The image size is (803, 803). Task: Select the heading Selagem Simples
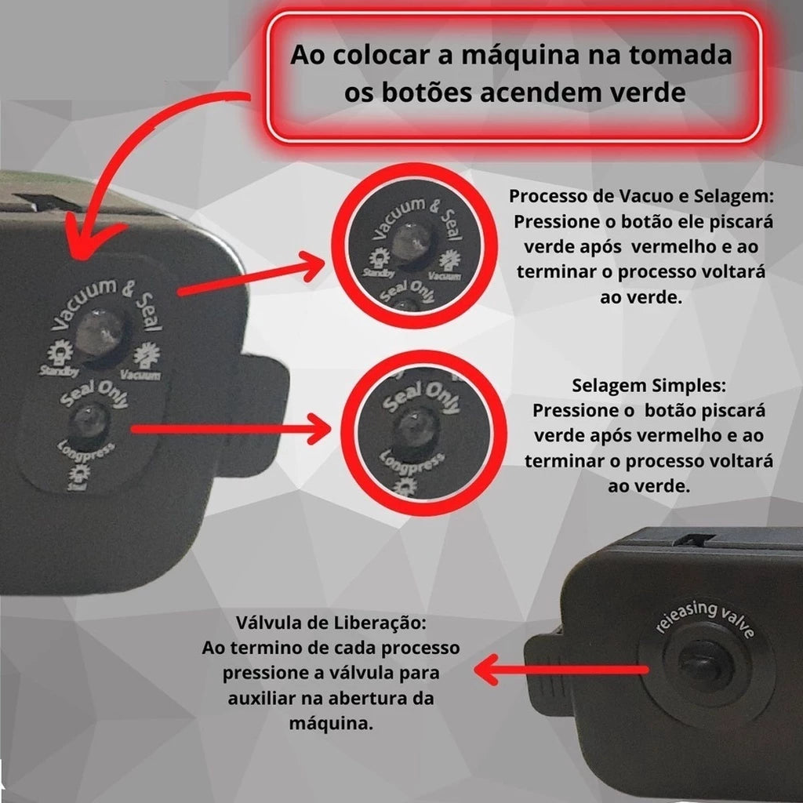649,387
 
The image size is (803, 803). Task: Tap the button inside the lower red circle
412,427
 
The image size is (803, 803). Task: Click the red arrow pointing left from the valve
561,670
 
